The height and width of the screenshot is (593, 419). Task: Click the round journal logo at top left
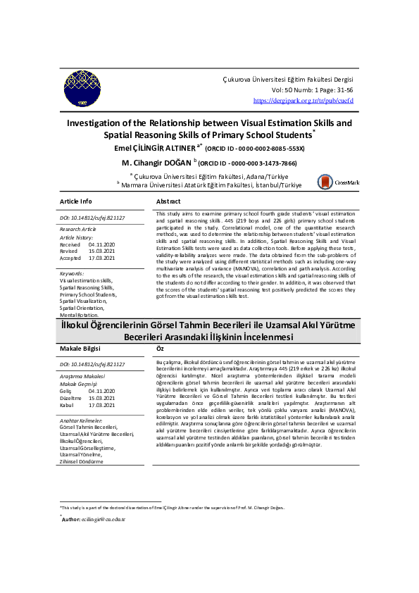[x=82, y=89]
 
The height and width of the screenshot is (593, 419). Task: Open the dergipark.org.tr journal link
[x=303, y=101]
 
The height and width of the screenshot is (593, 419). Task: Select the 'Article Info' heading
[x=75, y=201]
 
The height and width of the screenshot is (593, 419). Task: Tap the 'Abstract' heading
[x=168, y=201]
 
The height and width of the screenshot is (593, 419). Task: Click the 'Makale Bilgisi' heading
[x=80, y=349]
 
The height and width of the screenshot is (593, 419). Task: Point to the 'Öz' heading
[x=160, y=349]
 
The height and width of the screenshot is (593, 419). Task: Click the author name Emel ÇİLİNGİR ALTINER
[x=155, y=149]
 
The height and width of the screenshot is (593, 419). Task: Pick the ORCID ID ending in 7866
[x=252, y=163]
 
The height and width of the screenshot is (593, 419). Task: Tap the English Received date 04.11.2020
[x=103, y=244]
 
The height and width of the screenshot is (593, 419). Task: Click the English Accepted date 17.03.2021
[x=103, y=257]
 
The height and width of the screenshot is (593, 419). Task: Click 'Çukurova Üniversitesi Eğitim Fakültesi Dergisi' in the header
[x=287, y=81]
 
